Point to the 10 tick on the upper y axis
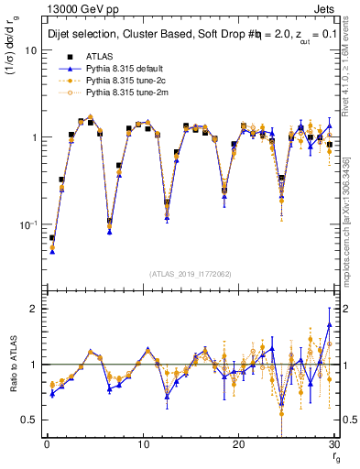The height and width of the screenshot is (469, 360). pyautogui.click(x=30, y=50)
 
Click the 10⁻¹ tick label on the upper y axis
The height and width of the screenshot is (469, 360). pyautogui.click(x=27, y=224)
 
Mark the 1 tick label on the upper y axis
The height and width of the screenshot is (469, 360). pyautogui.click(x=33, y=137)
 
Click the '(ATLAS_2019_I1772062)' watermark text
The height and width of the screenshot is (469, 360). pyautogui.click(x=191, y=273)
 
